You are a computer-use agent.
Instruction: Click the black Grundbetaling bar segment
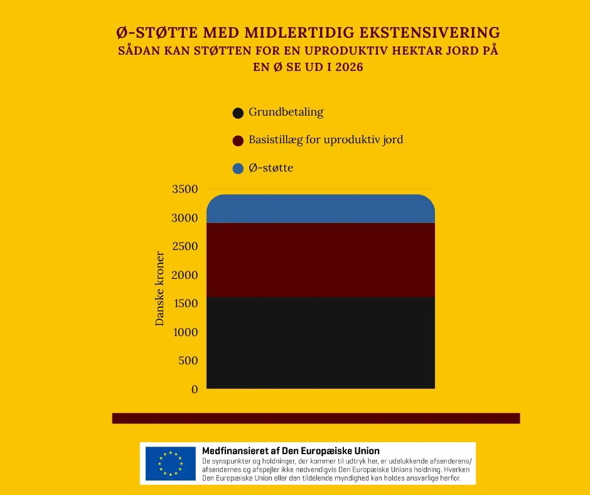coord(321,342)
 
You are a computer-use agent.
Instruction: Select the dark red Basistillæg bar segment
coord(321,259)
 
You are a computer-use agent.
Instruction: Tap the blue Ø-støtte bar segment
coord(321,209)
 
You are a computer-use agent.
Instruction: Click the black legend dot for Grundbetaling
coord(238,113)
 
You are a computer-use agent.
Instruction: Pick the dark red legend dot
coord(238,140)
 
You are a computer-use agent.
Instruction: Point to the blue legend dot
coord(238,168)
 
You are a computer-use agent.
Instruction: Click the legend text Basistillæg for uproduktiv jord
coord(326,139)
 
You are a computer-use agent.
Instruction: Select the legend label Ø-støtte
coord(271,168)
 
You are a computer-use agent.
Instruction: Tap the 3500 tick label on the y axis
coord(185,189)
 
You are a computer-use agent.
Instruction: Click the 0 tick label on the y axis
coord(195,389)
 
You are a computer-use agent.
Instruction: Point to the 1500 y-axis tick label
coord(185,303)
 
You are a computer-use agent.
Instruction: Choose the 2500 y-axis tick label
coord(185,246)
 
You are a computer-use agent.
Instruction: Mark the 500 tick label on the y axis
coord(188,361)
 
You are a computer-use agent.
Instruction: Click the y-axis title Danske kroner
coord(160,290)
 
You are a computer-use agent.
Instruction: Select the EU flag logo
coord(170,464)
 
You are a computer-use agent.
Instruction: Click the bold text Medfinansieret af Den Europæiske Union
coord(291,450)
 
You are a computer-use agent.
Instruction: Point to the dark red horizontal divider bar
coord(316,418)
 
